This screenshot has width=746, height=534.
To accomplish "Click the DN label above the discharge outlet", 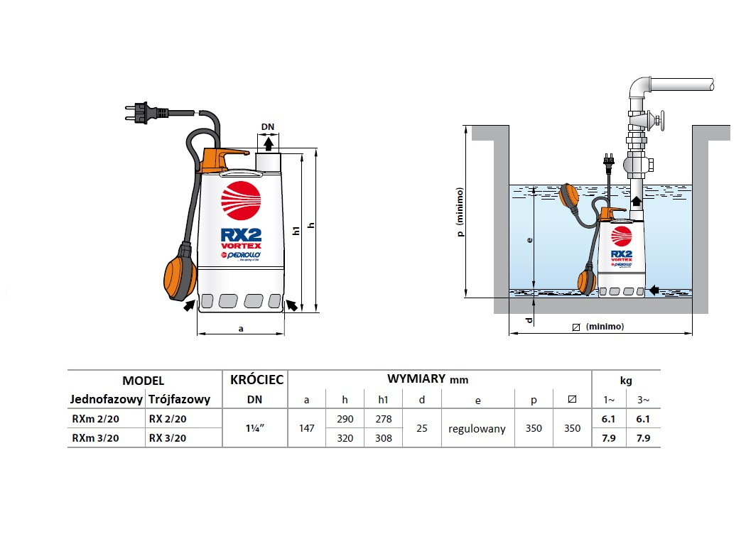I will [267, 128].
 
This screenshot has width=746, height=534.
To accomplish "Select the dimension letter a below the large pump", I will [241, 329].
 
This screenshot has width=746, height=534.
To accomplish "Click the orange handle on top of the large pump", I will [223, 158].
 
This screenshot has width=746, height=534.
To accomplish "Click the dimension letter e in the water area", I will [529, 241].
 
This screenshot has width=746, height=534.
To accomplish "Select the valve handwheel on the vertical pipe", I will [660, 121].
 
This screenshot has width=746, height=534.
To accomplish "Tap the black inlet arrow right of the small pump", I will [654, 289].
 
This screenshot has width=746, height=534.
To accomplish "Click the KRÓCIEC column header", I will [256, 380].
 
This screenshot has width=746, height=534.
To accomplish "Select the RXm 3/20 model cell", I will [95, 438].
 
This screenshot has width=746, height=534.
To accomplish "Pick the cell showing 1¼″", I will [255, 428].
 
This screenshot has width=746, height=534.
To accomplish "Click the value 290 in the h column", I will [345, 420].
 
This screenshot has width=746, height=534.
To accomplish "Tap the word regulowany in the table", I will [477, 429].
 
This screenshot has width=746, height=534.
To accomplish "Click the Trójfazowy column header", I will [180, 399].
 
